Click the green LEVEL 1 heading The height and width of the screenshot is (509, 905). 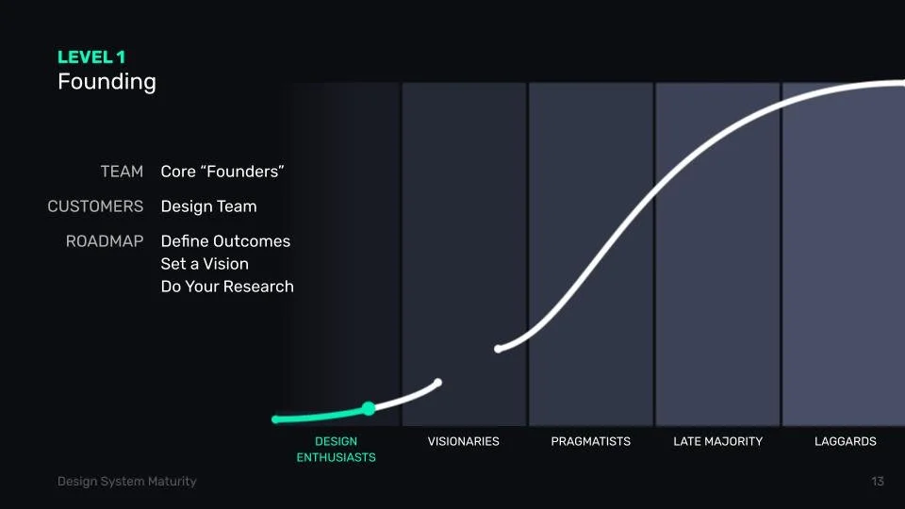click(91, 57)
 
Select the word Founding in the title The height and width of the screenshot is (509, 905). click(107, 82)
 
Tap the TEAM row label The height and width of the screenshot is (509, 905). click(122, 172)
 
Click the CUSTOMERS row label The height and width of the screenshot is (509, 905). click(95, 206)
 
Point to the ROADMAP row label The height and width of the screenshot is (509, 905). click(105, 241)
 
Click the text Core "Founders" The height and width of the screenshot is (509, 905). click(222, 172)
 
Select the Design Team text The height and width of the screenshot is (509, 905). click(208, 206)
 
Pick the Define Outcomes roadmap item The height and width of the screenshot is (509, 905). click(225, 241)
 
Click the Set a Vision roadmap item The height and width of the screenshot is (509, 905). click(205, 264)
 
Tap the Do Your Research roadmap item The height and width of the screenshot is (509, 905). click(227, 287)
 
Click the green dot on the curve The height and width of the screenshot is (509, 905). click(369, 408)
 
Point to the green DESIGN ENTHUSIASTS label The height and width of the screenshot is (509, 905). click(336, 449)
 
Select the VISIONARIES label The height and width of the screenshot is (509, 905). click(463, 441)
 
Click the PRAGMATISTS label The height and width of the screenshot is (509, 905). click(590, 441)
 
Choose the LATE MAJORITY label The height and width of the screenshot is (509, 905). click(717, 441)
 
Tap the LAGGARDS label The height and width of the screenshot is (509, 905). click(845, 441)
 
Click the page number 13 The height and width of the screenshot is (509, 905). click(878, 482)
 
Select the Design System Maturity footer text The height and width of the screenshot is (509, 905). click(127, 482)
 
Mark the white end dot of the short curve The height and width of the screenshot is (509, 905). click(437, 382)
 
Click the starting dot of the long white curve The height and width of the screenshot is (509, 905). click(499, 349)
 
